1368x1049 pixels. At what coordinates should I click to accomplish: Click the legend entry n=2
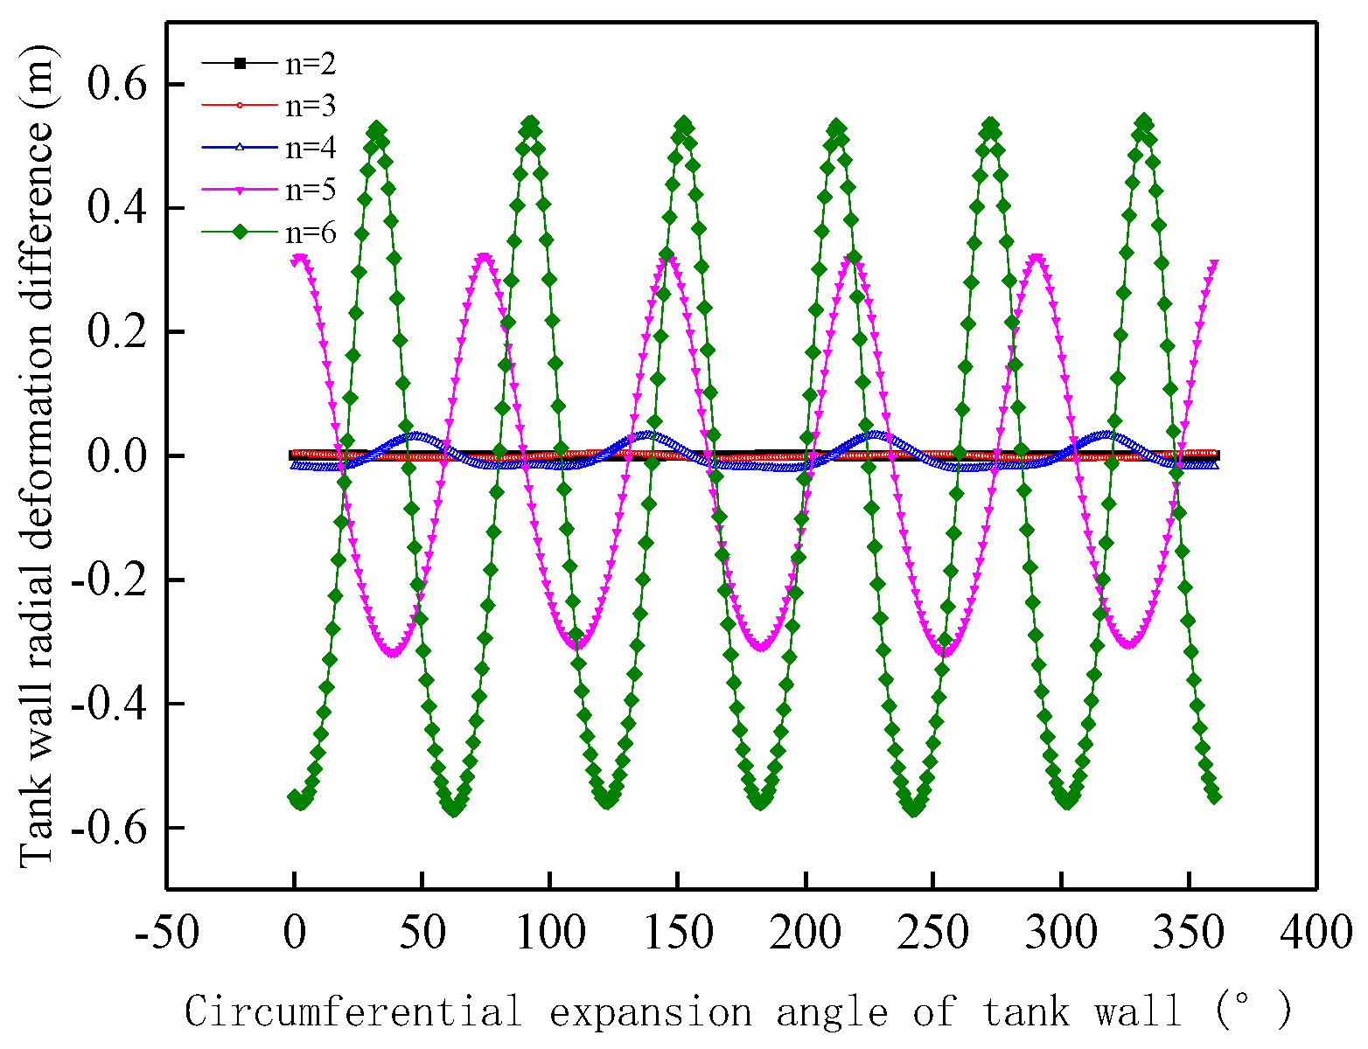[311, 64]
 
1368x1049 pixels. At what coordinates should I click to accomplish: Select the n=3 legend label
[311, 106]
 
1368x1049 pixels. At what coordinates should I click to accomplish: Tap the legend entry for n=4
[311, 148]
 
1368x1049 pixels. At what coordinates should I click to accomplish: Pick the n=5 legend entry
[311, 190]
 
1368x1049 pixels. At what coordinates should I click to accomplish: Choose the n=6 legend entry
[311, 233]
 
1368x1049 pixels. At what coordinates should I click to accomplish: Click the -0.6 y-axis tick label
[108, 828]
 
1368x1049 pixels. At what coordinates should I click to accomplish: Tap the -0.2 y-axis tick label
[108, 580]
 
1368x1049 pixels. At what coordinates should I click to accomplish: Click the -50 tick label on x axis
[166, 933]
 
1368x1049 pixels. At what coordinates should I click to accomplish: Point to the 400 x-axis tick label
[1316, 933]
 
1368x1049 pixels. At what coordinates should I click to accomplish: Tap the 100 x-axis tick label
[550, 933]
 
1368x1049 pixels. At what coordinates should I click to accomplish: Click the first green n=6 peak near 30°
[377, 129]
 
